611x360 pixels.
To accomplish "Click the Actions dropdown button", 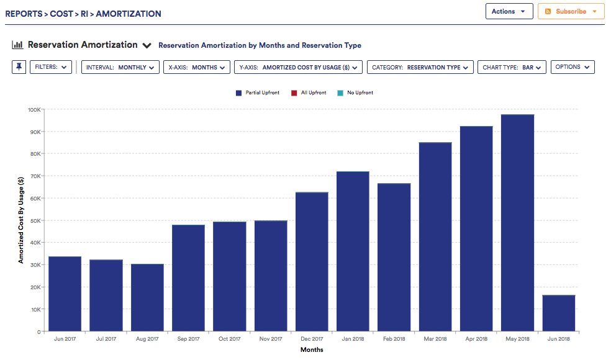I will [x=509, y=11].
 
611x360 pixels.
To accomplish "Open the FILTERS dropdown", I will [x=51, y=67].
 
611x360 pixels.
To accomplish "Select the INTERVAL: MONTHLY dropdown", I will [x=120, y=67].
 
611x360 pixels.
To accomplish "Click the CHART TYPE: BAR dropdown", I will [x=512, y=67].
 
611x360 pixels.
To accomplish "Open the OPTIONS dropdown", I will [x=573, y=67].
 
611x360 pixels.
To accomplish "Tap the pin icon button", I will [x=19, y=67].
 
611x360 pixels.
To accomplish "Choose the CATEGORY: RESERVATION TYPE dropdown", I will [x=420, y=67].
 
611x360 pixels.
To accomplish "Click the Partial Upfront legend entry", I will [x=258, y=92].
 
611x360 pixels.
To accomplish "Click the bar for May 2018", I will [x=517, y=223].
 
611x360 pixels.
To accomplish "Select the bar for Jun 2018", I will [x=558, y=313].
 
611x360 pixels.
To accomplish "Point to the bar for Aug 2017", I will [x=147, y=298].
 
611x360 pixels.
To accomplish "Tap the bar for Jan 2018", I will [x=353, y=251].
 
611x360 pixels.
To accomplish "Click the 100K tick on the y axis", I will [x=34, y=110].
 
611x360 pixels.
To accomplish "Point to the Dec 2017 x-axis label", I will [x=312, y=339].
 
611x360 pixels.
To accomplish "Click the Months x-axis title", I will [x=312, y=349].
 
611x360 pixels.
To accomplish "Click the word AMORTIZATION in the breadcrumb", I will [x=129, y=14].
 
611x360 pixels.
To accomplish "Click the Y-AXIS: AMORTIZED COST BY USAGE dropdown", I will [x=298, y=67].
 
